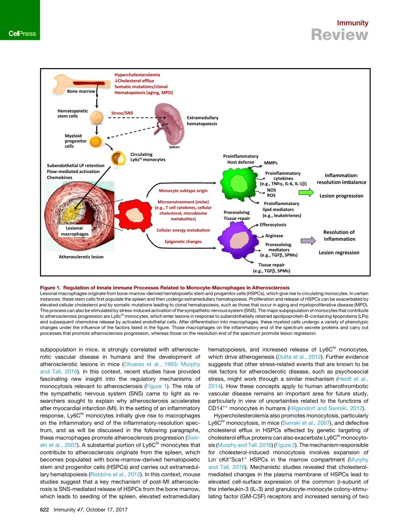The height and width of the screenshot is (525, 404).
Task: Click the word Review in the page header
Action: click(x=339, y=35)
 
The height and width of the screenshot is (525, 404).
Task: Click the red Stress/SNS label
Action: click(x=122, y=113)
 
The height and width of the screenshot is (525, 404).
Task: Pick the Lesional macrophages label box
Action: click(x=75, y=231)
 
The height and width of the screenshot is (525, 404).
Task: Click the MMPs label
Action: click(x=271, y=163)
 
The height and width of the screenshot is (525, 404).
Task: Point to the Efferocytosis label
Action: click(x=273, y=225)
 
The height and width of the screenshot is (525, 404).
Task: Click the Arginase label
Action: click(x=274, y=235)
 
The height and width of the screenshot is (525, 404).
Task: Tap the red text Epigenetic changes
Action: click(x=183, y=242)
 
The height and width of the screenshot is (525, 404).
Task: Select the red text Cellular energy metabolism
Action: click(x=183, y=230)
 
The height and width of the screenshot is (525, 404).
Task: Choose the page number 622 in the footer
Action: click(x=40, y=509)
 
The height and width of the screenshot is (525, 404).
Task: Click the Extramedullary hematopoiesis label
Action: click(x=202, y=121)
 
